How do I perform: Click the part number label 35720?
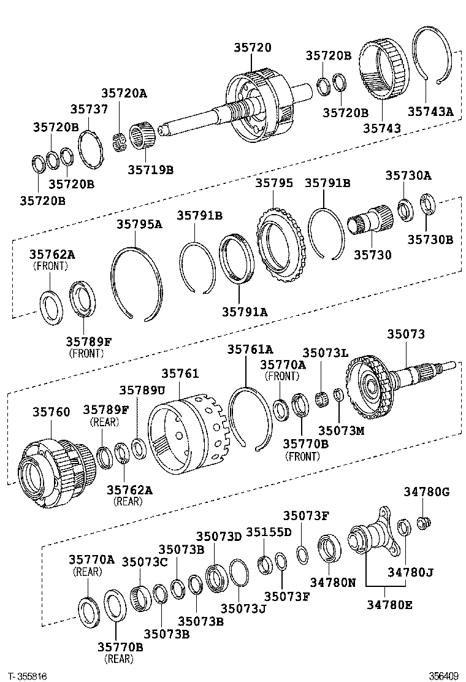click(x=252, y=48)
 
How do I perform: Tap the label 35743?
click(x=381, y=128)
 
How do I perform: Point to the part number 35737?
click(x=88, y=109)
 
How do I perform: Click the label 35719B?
click(x=150, y=169)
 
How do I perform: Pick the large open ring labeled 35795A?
click(x=136, y=282)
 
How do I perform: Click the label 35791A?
click(x=245, y=312)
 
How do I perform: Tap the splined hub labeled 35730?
click(x=370, y=220)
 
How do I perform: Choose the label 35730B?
click(x=430, y=239)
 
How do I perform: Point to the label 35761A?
click(x=250, y=349)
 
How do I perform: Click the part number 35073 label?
click(x=405, y=334)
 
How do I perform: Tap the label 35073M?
click(x=341, y=431)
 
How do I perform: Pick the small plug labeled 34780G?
click(x=422, y=523)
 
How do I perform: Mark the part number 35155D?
click(x=269, y=531)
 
